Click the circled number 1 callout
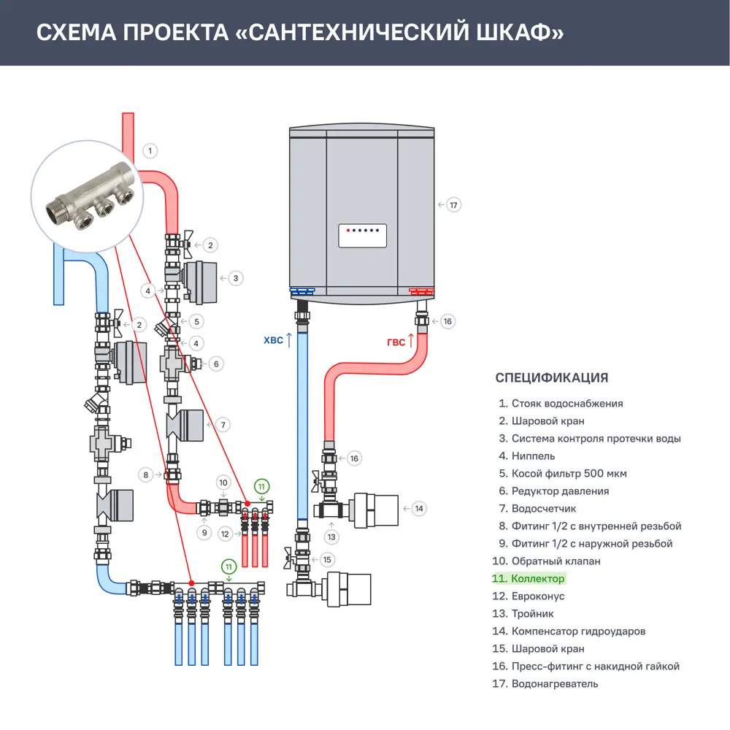[150, 151]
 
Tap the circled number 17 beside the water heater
[454, 205]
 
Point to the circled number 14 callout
[418, 508]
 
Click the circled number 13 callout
[332, 537]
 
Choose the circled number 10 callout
[224, 483]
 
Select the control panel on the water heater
[362, 236]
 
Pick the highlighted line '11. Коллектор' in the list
[529, 579]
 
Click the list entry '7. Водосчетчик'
[537, 509]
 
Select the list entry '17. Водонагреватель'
[545, 684]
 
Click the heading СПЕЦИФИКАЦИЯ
[551, 377]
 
